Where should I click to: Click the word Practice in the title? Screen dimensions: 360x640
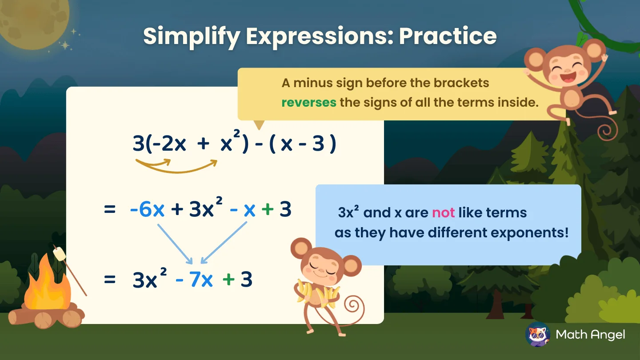pyautogui.click(x=448, y=36)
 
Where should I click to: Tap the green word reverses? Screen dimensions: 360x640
pyautogui.click(x=308, y=103)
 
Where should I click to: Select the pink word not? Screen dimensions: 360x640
pyautogui.click(x=443, y=213)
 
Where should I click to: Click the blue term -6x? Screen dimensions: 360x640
pyautogui.click(x=147, y=210)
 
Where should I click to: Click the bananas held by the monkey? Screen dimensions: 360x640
pyautogui.click(x=318, y=294)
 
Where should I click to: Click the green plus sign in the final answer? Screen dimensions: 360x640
pyautogui.click(x=228, y=280)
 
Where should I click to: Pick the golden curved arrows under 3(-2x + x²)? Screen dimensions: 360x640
pyautogui.click(x=176, y=165)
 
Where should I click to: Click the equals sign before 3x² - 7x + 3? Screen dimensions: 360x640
pyautogui.click(x=110, y=280)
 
